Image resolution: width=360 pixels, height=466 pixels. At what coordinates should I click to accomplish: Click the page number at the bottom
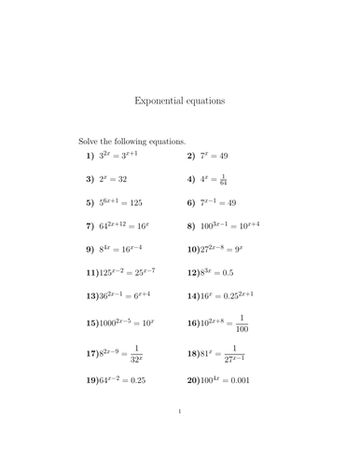pyautogui.click(x=179, y=435)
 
